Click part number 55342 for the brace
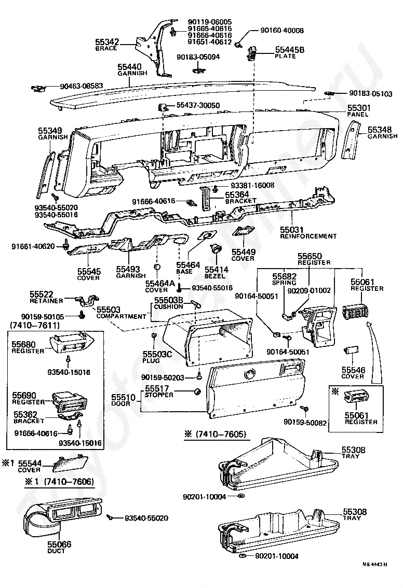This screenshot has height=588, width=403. click(x=107, y=42)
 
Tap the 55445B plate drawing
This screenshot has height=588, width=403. click(x=252, y=53)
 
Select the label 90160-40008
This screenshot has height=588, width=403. click(x=281, y=31)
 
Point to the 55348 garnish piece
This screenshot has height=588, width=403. click(x=351, y=142)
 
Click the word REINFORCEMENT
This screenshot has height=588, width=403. click(x=308, y=236)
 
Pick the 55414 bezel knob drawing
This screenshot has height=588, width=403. click(x=216, y=248)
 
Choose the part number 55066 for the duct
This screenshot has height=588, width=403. click(x=59, y=544)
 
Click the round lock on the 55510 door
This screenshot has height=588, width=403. click(x=249, y=374)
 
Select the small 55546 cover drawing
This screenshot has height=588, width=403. click(x=351, y=350)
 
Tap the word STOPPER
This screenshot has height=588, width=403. click(x=159, y=395)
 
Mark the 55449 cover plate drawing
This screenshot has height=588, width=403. click(x=244, y=231)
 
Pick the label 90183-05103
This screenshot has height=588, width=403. click(x=371, y=93)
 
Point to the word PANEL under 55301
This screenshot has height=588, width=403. click(x=358, y=115)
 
